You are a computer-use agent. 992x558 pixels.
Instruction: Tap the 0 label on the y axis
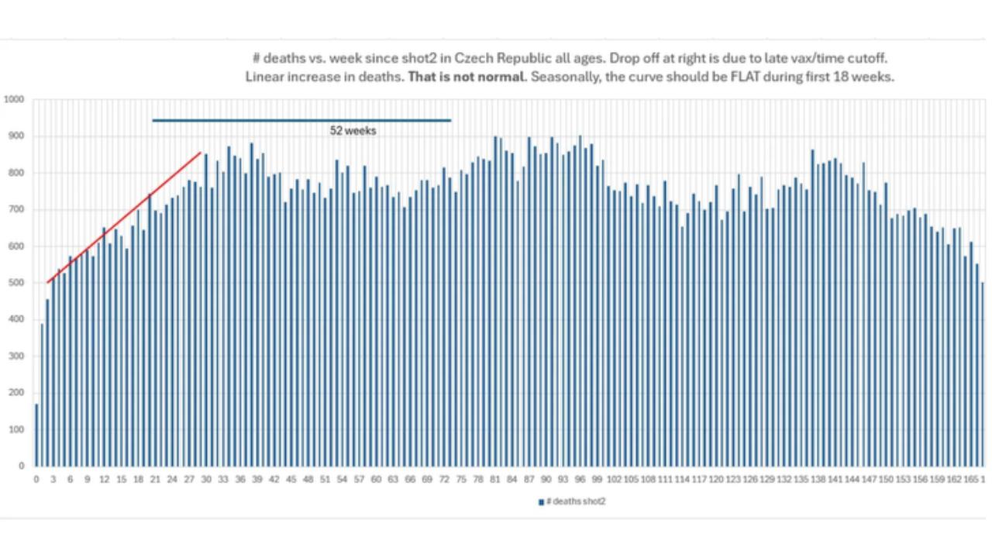pos(21,466)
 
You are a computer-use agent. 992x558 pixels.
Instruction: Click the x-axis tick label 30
pos(206,480)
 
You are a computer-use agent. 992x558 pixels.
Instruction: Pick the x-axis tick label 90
pos(546,480)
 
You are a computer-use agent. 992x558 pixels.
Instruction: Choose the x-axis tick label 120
pos(716,480)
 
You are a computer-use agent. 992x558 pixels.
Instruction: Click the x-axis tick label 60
pos(376,480)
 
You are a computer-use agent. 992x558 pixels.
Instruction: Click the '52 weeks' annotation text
pos(353,131)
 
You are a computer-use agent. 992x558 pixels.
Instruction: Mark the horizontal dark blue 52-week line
pos(301,120)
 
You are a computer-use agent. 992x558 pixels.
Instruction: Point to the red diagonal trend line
pos(124,217)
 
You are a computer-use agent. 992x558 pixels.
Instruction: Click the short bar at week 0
pos(36,435)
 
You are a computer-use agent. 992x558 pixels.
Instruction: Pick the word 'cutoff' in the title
pos(866,58)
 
